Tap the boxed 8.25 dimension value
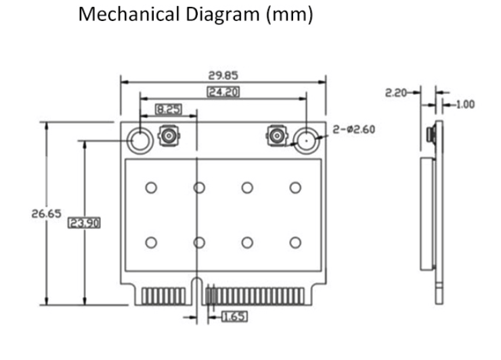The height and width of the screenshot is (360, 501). (167, 108)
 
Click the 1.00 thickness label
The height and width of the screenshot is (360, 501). (465, 105)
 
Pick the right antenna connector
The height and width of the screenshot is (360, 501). (276, 137)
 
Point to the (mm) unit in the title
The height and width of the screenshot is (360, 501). (290, 15)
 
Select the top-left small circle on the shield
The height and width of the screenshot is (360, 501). (151, 187)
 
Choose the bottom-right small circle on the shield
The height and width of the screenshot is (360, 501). (295, 242)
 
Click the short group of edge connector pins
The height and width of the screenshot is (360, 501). (160, 295)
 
